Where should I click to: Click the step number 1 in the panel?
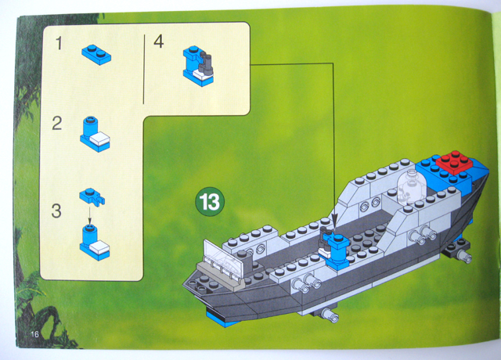click(x=59, y=44)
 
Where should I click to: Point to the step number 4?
click(x=159, y=42)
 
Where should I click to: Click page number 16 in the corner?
click(x=36, y=334)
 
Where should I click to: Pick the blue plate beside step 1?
click(x=96, y=53)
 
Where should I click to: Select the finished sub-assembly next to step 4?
click(x=200, y=63)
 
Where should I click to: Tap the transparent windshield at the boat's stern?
click(x=222, y=255)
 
